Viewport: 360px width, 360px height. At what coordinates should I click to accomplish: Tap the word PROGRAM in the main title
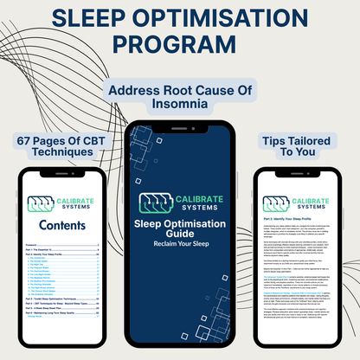click(180, 45)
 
